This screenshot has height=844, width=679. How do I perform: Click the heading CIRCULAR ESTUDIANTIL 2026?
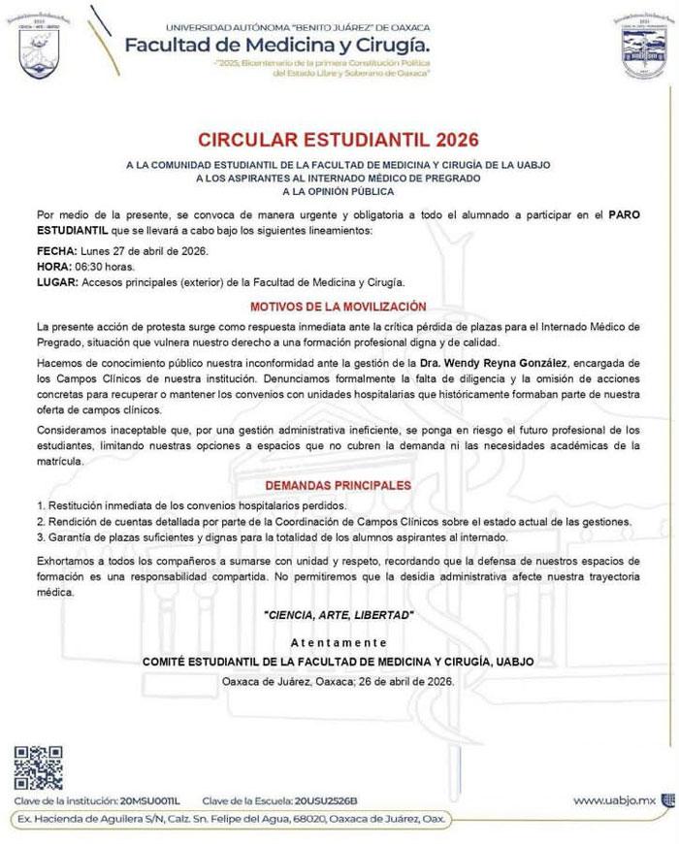[x=339, y=139]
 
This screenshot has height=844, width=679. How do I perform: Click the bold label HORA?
[x=54, y=267]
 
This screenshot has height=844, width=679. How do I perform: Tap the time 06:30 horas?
[x=107, y=267]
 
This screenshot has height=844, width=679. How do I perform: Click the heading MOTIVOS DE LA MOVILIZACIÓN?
[x=339, y=305]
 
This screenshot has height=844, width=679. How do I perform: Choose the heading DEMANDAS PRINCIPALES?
[x=339, y=485]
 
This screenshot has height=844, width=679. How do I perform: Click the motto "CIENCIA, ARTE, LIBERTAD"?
[x=339, y=615]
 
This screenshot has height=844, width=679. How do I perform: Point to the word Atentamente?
[x=339, y=643]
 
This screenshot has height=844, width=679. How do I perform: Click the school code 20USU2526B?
[x=325, y=801]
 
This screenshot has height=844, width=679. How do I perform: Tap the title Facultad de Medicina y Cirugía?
[x=276, y=45]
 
